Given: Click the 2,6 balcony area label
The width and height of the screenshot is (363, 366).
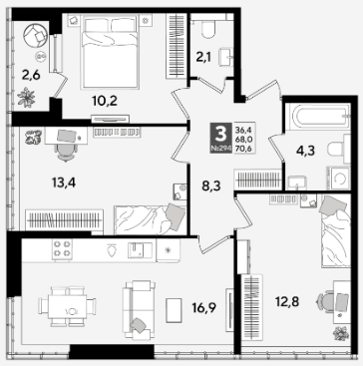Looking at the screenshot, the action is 31,76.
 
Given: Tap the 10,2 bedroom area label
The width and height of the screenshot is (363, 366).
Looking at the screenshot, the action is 105,101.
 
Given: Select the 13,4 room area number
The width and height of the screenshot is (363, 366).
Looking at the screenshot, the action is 64,183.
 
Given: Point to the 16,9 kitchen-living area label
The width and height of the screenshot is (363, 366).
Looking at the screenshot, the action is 203,308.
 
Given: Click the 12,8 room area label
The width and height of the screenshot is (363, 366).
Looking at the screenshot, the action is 287,302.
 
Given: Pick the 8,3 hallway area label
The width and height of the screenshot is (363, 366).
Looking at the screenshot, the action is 211,186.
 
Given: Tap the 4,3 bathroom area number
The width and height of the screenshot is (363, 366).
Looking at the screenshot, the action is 305,151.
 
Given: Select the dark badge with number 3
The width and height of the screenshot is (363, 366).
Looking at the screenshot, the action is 220,138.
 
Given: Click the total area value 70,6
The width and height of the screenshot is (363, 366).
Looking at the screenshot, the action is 243,150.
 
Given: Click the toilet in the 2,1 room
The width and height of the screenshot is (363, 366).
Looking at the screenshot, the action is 208,28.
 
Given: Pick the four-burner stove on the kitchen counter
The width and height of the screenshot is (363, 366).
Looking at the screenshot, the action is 62,249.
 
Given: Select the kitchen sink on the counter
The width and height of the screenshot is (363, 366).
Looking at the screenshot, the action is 140,250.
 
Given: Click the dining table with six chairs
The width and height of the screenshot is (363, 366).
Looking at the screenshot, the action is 67,306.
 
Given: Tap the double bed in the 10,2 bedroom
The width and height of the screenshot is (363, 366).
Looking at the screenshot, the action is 110,52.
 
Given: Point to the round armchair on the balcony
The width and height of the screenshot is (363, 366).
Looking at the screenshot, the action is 36,36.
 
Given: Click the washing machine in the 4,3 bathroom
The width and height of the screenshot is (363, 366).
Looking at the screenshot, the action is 338,179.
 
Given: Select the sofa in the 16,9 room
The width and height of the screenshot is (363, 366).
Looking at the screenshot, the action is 139,309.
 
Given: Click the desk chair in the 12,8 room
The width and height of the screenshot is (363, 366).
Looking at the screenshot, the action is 325,302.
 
